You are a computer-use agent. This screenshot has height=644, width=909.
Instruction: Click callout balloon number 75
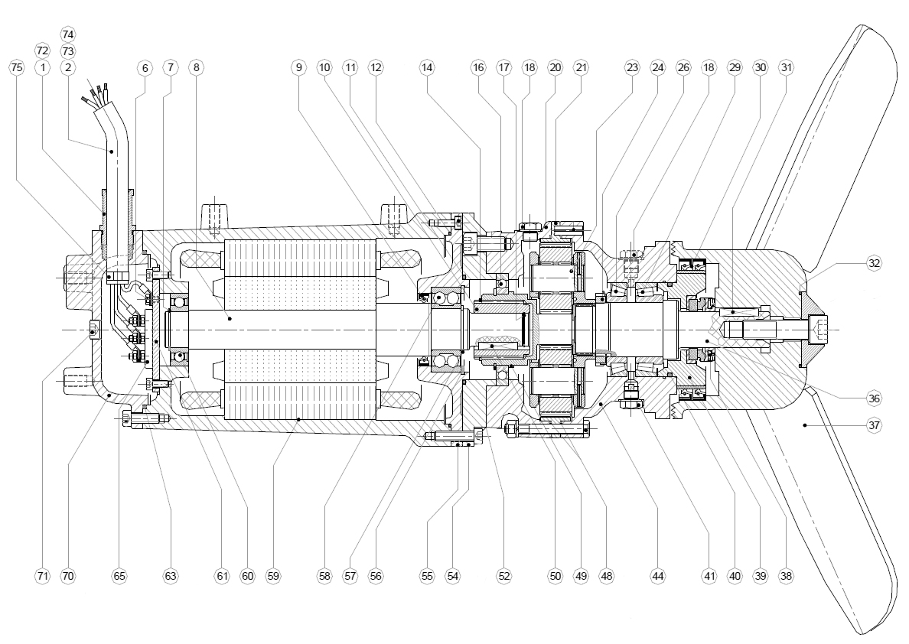(x=16, y=68)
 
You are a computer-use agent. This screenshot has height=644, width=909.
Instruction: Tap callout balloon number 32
(x=874, y=262)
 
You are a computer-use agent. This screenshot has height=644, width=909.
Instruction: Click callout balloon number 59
(x=272, y=576)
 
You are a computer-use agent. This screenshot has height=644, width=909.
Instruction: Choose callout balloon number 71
(x=42, y=576)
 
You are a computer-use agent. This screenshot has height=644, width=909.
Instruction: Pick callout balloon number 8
(x=197, y=68)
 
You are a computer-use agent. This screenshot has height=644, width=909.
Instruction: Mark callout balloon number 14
(x=427, y=68)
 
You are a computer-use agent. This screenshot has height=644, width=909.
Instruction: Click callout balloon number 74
(x=68, y=34)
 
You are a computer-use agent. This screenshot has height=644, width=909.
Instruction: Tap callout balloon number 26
(x=683, y=68)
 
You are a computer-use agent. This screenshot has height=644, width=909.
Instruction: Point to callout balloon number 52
(x=503, y=576)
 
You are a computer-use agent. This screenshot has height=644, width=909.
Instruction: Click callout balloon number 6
(x=145, y=68)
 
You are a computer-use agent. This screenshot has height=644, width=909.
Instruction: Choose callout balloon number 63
(x=170, y=576)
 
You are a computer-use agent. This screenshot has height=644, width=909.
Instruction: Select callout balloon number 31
(x=787, y=68)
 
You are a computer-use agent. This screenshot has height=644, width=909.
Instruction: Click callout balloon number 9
(x=298, y=68)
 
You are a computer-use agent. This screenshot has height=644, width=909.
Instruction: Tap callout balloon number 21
(x=582, y=68)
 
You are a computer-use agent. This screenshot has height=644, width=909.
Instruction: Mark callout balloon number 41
(x=709, y=576)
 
